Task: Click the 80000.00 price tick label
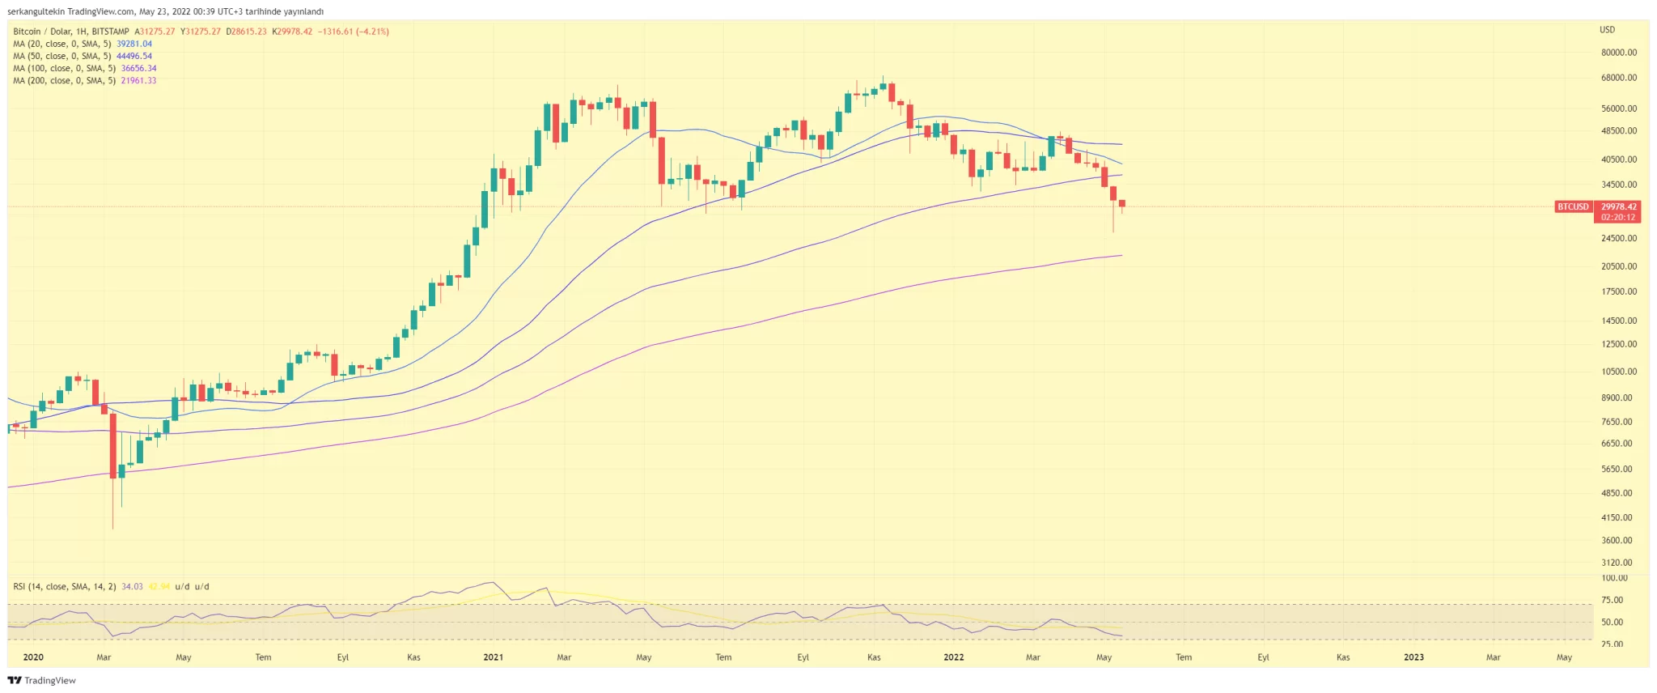pyautogui.click(x=1619, y=53)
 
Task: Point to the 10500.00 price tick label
pyautogui.click(x=1619, y=372)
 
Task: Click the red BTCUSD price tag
pyautogui.click(x=1573, y=207)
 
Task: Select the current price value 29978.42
pyautogui.click(x=1618, y=207)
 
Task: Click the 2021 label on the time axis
pyautogui.click(x=493, y=657)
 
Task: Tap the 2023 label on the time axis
pyautogui.click(x=1413, y=657)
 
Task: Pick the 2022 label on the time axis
pyautogui.click(x=953, y=657)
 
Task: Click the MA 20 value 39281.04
pyautogui.click(x=134, y=44)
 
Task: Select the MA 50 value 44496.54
pyautogui.click(x=134, y=56)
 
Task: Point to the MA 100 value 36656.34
pyautogui.click(x=138, y=68)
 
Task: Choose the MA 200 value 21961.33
pyautogui.click(x=138, y=80)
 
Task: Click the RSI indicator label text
pyautogui.click(x=65, y=586)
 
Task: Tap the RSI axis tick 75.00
pyautogui.click(x=1613, y=600)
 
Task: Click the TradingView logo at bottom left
pyautogui.click(x=42, y=680)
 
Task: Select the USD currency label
pyautogui.click(x=1607, y=30)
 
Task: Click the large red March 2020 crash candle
pyautogui.click(x=112, y=445)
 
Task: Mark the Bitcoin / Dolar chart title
pyautogui.click(x=71, y=32)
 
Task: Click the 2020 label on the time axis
pyautogui.click(x=33, y=657)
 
